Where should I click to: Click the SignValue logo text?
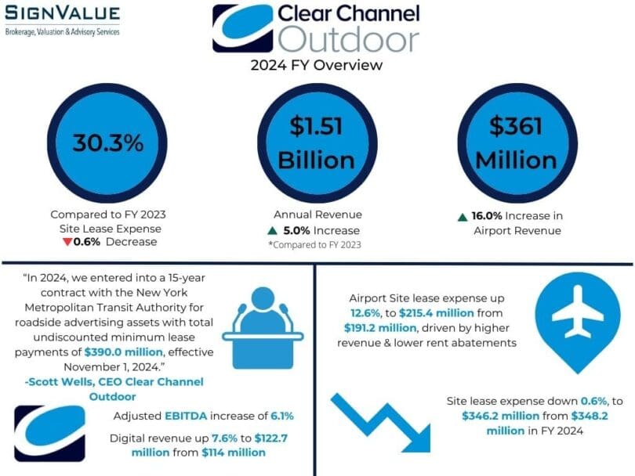click(x=63, y=13)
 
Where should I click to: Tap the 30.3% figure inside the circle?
click(x=108, y=142)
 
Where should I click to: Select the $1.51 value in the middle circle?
click(x=316, y=126)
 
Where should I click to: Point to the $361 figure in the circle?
click(x=516, y=126)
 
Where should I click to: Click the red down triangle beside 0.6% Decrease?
click(x=67, y=242)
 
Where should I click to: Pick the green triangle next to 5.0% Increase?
click(x=273, y=231)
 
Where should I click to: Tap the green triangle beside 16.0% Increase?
click(x=463, y=217)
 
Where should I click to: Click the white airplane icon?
click(x=578, y=312)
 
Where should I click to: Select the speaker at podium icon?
click(x=263, y=328)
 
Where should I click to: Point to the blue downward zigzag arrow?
click(x=381, y=423)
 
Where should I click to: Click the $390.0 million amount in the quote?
click(x=124, y=352)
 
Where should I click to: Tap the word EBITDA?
click(x=186, y=416)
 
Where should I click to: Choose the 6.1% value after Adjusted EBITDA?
click(x=282, y=416)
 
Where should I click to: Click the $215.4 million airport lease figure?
click(x=437, y=313)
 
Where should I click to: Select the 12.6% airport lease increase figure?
click(x=365, y=313)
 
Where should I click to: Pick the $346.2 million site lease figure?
click(x=500, y=416)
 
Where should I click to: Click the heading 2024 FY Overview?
click(x=316, y=65)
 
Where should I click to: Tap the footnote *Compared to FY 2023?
click(x=314, y=245)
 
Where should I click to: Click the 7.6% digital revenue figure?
click(x=225, y=438)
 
